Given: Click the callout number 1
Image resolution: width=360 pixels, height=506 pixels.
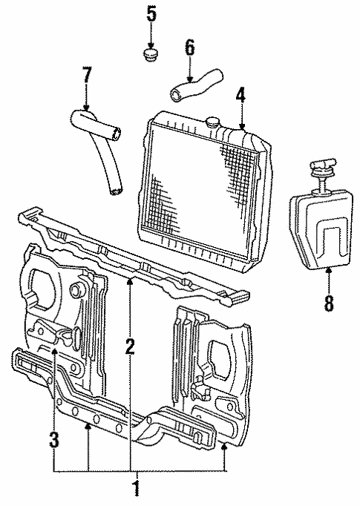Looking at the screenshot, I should (134, 490).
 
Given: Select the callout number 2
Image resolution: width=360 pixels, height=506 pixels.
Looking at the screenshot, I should (130, 346).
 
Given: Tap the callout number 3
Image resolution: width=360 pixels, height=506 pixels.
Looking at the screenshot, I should (54, 439).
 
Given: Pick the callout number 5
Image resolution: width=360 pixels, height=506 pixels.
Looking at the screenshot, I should (151, 13).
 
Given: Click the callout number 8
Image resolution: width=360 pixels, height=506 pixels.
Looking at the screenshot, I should (328, 303).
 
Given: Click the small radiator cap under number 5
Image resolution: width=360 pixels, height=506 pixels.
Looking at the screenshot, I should (152, 56).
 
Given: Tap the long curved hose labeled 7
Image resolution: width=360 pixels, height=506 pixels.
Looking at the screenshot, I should (104, 148).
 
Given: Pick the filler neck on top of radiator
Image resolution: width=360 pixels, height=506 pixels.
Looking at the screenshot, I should (215, 120).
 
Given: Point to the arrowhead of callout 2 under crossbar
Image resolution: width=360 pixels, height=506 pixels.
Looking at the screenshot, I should (130, 279).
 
